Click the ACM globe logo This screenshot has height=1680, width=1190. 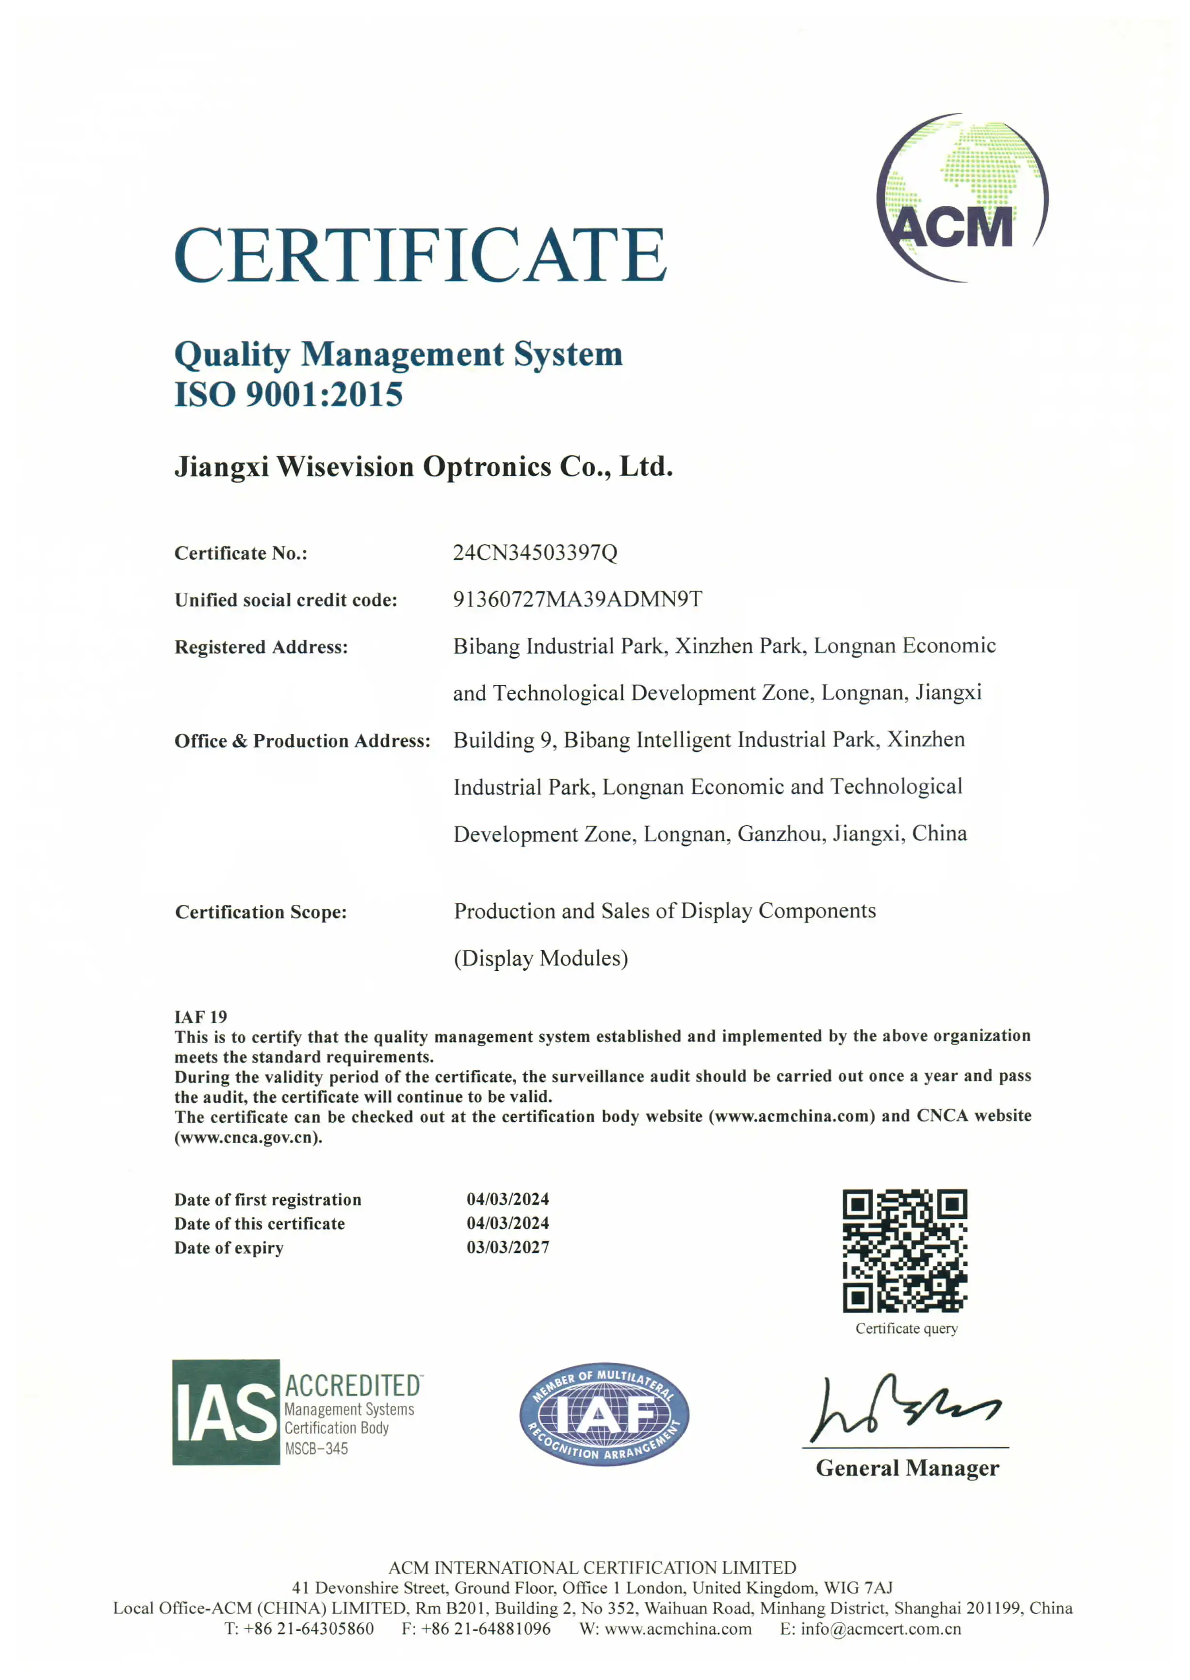point(962,198)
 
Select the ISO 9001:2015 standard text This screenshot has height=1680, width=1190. point(289,394)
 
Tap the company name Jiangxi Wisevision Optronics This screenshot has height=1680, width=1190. point(424,467)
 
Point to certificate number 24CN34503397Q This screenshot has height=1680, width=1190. point(535,553)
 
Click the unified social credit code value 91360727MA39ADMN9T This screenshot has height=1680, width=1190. point(577,599)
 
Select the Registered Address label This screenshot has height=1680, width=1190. point(261,647)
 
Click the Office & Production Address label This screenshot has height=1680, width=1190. point(302,741)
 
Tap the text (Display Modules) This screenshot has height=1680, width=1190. point(541,959)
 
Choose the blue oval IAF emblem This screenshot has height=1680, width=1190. point(604,1414)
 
